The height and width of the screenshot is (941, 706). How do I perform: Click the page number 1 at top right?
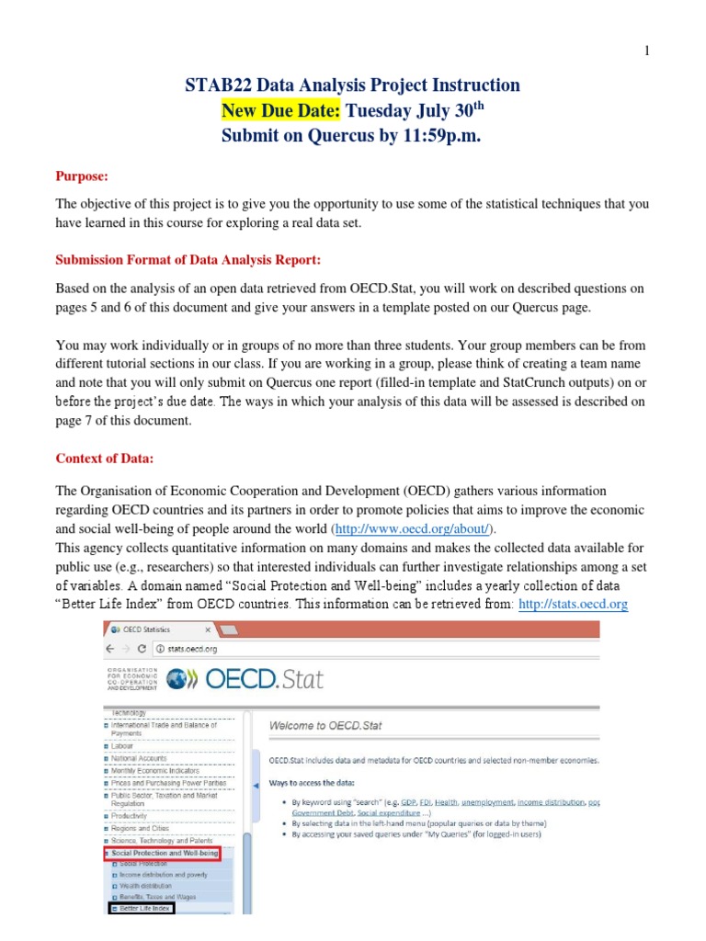[x=646, y=51]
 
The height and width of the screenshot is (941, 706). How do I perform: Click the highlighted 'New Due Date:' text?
[x=281, y=111]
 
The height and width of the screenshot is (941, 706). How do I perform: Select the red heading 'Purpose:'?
[x=82, y=176]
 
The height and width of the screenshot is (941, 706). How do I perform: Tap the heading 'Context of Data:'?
[x=105, y=459]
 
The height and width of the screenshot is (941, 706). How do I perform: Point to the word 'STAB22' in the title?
[x=218, y=85]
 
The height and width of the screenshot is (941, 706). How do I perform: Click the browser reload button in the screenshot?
[x=145, y=647]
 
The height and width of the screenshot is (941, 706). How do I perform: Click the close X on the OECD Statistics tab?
[x=208, y=629]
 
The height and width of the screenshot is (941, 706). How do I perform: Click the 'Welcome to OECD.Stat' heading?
[x=325, y=725]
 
